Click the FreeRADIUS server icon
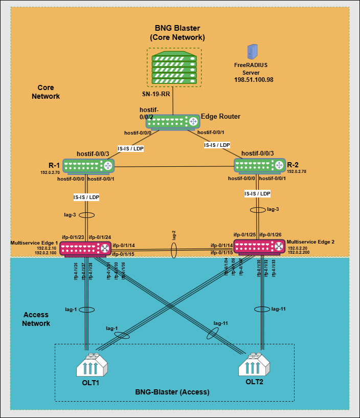point(252,52)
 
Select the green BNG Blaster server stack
point(174,68)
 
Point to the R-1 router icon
point(88,166)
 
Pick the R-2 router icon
point(259,165)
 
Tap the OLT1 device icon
point(93,366)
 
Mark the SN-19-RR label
point(156,94)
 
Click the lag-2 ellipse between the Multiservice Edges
point(173,250)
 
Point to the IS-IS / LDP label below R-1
point(86,196)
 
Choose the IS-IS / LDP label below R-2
point(257,193)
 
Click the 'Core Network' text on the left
point(46,92)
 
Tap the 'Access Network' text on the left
point(37,319)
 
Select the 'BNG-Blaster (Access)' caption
point(172,392)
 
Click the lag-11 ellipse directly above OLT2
point(261,309)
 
